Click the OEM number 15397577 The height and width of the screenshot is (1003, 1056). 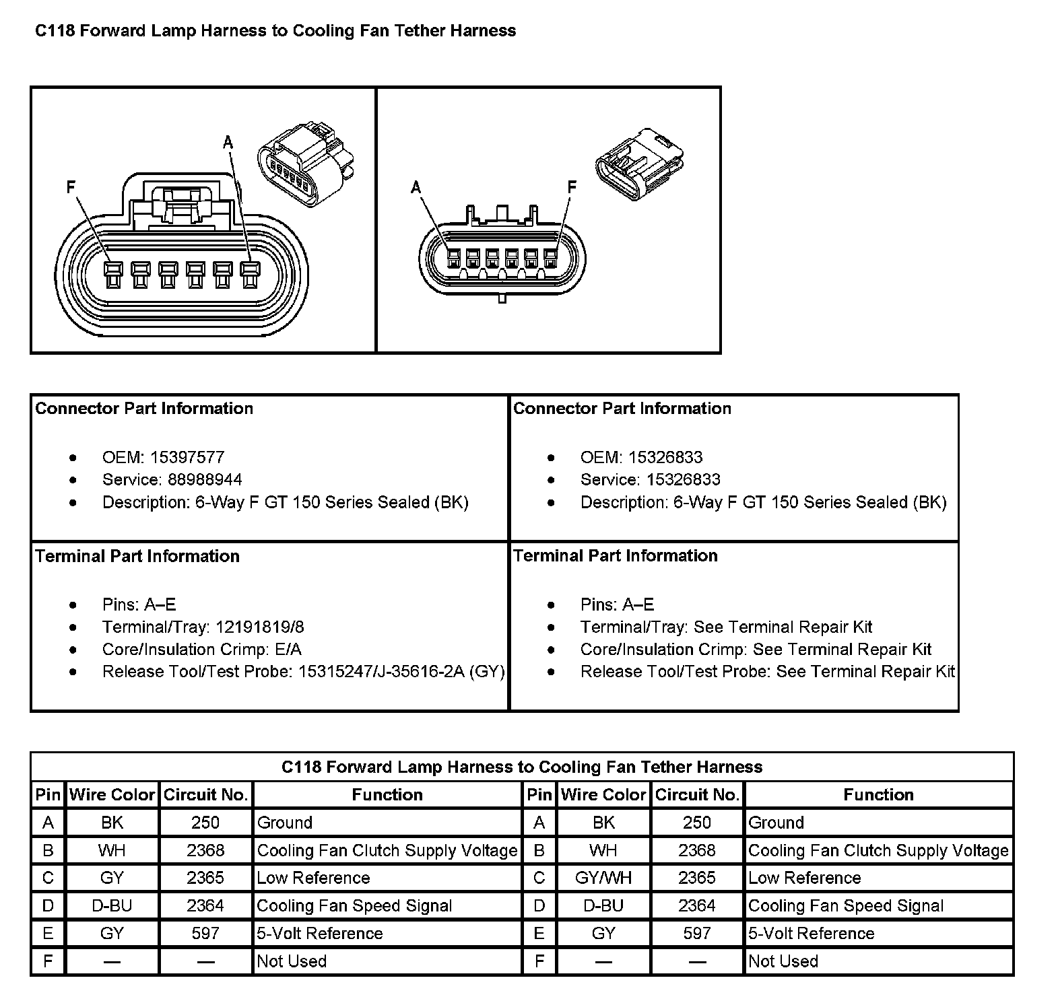[x=187, y=458]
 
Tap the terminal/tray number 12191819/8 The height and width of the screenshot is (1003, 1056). [x=259, y=627]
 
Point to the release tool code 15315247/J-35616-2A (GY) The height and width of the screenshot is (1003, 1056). [x=401, y=672]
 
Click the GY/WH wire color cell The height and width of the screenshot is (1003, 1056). [x=603, y=878]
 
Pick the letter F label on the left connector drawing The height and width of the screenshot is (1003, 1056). [x=71, y=187]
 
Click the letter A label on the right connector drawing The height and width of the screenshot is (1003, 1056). [x=416, y=186]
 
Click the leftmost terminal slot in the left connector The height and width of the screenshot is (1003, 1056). [x=112, y=275]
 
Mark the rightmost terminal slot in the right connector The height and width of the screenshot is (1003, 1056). [x=551, y=259]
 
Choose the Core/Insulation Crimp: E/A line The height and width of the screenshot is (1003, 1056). [x=201, y=650]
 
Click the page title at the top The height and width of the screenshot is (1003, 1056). [x=275, y=31]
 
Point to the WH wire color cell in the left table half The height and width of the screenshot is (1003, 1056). [x=112, y=851]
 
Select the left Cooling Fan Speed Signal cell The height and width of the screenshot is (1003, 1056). [x=354, y=906]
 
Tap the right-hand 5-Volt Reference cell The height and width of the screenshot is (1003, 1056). [x=811, y=934]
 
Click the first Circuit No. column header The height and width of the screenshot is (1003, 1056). [x=205, y=795]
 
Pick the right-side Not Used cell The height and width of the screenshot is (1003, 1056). [x=783, y=961]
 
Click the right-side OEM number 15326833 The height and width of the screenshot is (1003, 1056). [x=665, y=458]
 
